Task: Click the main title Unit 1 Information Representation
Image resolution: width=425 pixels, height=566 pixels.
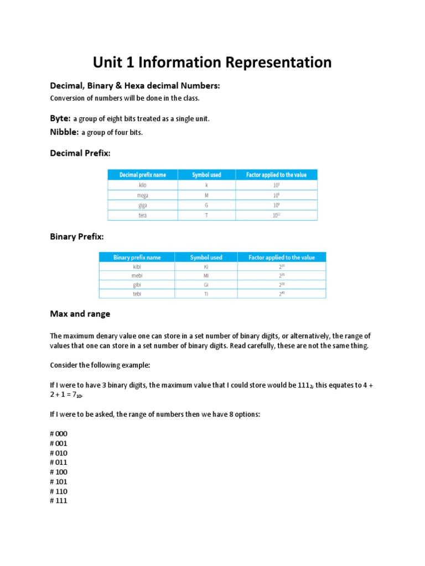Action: tap(212, 62)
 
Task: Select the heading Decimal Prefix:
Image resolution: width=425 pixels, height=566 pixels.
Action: tap(80, 153)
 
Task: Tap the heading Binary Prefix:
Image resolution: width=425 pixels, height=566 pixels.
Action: tap(77, 237)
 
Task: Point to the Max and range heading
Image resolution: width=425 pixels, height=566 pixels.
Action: tap(80, 314)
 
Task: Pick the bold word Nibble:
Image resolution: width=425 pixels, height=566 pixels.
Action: tap(64, 132)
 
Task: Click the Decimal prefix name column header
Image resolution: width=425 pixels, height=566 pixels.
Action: tap(143, 175)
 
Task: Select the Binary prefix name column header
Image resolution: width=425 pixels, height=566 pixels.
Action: tap(137, 258)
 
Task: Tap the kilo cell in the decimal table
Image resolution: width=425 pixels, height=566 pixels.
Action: tap(143, 185)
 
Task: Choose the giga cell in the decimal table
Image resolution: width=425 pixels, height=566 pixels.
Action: tap(143, 205)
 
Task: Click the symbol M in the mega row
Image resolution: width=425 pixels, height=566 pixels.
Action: tap(206, 195)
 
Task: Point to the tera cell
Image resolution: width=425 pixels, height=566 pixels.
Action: tap(143, 216)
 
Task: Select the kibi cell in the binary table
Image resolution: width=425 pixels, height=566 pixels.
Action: tap(137, 266)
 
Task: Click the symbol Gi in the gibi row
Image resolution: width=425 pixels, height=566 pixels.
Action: tap(206, 284)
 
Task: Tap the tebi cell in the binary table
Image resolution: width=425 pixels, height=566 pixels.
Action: tap(137, 294)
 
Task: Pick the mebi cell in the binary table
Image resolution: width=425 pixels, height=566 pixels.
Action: tap(137, 275)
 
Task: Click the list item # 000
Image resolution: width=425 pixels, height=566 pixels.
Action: tap(59, 434)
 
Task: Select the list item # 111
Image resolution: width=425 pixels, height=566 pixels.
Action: tap(59, 501)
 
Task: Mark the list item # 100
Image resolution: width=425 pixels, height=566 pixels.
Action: tap(59, 472)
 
